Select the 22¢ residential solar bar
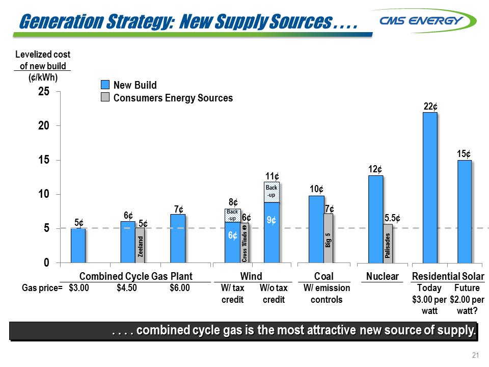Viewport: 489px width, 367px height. click(430, 188)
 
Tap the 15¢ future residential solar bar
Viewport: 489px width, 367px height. click(465, 212)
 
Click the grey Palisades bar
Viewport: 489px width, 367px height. click(388, 244)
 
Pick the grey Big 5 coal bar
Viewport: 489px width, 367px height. click(329, 238)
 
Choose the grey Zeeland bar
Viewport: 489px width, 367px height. click(140, 245)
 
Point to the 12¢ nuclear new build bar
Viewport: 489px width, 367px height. click(375, 219)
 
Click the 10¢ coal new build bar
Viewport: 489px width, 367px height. click(316, 229)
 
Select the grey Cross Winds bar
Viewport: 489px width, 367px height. click(244, 243)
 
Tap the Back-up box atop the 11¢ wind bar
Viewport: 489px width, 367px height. click(271, 192)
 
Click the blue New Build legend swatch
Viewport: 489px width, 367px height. click(104, 85)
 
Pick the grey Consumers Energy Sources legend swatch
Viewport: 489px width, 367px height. click(104, 98)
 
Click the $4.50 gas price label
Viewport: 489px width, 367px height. click(127, 288)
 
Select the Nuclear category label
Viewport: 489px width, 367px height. click(382, 276)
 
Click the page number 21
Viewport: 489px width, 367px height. click(476, 356)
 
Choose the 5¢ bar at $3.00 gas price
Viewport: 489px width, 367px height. click(78, 246)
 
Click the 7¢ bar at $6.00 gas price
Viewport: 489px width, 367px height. click(178, 239)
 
